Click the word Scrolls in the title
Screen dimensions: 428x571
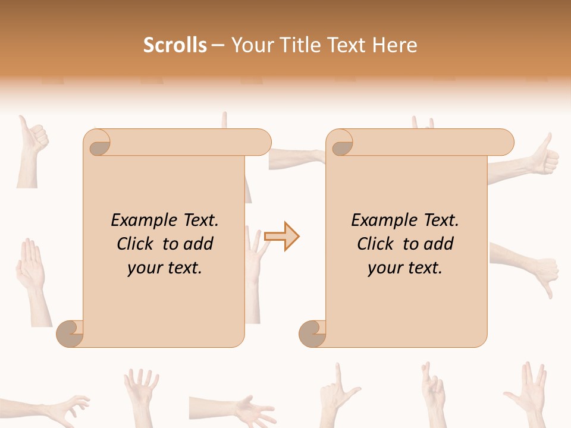[175, 45]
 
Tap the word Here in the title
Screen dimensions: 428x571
[394, 45]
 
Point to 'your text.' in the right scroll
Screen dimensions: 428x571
[404, 268]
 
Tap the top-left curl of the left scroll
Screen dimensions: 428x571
[98, 143]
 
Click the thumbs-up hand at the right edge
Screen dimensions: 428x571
[535, 158]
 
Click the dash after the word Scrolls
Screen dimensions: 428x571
[218, 46]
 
